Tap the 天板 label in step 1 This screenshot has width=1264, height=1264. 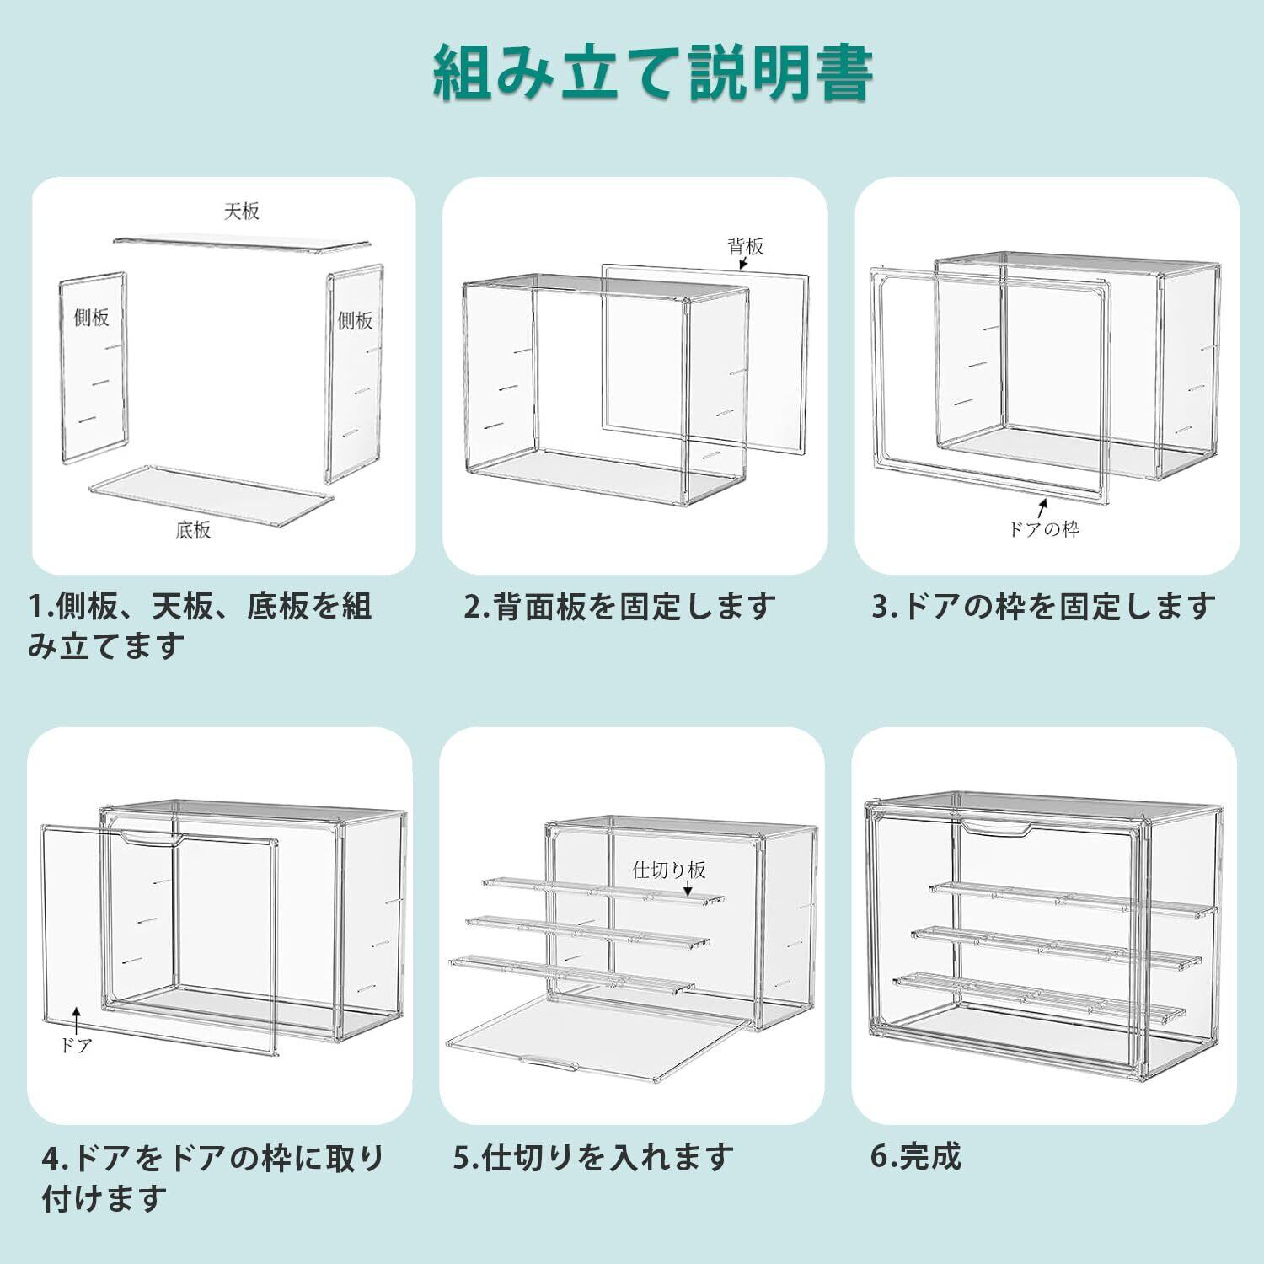click(241, 211)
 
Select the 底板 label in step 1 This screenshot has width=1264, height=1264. click(193, 530)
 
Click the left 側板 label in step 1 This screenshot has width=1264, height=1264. click(91, 318)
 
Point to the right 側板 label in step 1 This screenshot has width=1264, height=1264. click(355, 320)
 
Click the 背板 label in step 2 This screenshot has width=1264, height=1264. click(746, 246)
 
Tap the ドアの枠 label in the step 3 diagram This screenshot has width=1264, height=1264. click(1044, 529)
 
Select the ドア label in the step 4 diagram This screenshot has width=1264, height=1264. click(76, 1046)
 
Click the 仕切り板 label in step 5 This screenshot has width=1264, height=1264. click(669, 870)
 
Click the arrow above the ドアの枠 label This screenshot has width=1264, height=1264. click(1042, 507)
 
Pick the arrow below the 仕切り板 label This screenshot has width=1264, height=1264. click(688, 890)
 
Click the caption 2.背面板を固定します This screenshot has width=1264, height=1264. click(619, 607)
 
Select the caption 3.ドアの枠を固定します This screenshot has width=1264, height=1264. click(1043, 607)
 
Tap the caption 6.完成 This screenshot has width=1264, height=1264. click(916, 1156)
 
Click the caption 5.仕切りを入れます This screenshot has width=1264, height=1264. click(594, 1158)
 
